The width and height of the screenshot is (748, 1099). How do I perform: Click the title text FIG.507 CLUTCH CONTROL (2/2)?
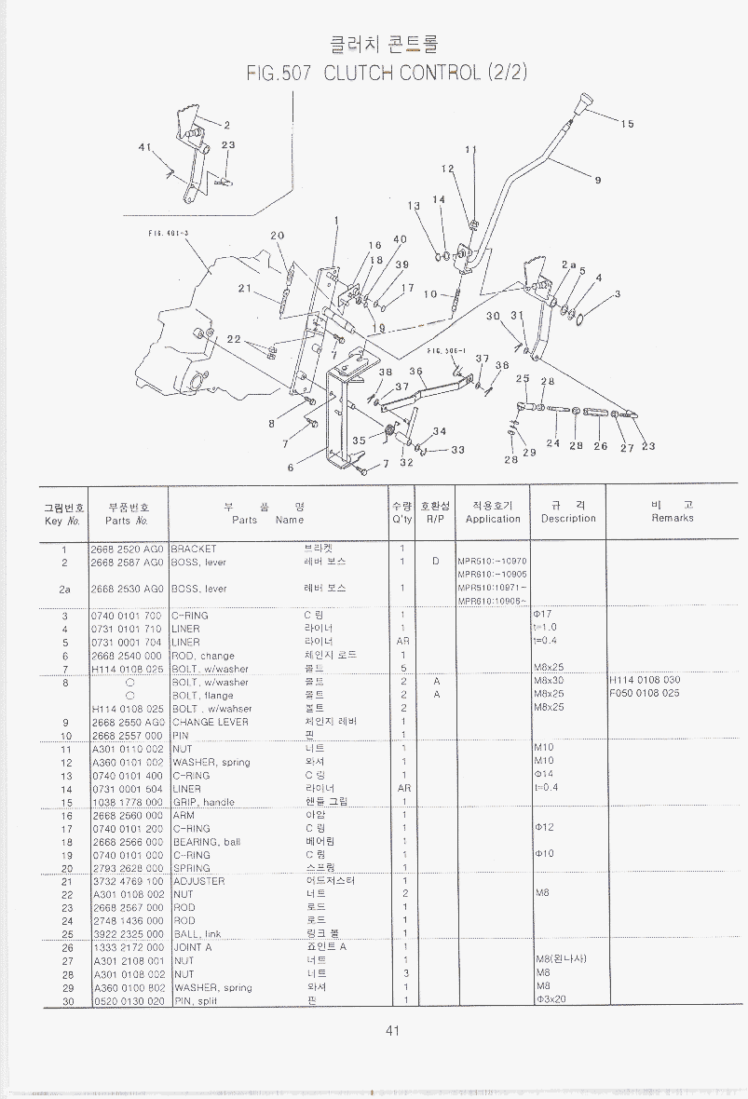(x=387, y=73)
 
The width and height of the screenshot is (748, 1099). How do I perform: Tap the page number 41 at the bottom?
(x=391, y=1030)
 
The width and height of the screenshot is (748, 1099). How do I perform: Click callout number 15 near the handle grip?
(x=627, y=123)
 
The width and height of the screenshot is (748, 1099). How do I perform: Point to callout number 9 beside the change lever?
(x=597, y=181)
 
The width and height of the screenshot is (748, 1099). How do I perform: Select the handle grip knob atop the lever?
(x=584, y=102)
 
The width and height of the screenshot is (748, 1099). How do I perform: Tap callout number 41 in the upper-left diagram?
(x=143, y=146)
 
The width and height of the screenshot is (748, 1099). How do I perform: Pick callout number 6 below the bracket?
(x=291, y=468)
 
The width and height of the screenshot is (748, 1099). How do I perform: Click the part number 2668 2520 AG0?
(x=127, y=549)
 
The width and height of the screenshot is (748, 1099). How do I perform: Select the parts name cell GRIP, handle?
(x=203, y=802)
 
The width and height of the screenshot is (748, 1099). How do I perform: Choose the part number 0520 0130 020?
(x=128, y=1001)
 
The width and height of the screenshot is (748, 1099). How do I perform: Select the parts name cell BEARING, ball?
(x=205, y=842)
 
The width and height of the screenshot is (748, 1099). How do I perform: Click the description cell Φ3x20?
(x=551, y=1001)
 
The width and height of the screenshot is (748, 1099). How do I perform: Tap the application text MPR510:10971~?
(x=492, y=588)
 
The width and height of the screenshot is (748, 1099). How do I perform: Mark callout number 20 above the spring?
(x=277, y=236)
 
